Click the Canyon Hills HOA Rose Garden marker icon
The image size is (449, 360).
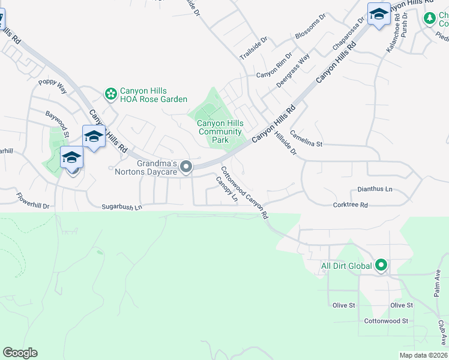[x=110, y=94]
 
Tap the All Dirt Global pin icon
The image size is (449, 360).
[x=381, y=265]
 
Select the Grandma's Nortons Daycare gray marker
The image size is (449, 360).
[x=187, y=167]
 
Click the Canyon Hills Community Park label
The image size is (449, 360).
[x=220, y=131]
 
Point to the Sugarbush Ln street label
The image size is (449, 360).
[x=122, y=207]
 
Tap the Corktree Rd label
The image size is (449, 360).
[x=351, y=205]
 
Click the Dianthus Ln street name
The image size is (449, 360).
[x=375, y=189]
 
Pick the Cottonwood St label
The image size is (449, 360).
[x=387, y=321]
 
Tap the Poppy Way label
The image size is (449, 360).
[x=52, y=86]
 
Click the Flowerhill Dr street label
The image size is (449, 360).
[x=33, y=200]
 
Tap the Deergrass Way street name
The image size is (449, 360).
[x=293, y=71]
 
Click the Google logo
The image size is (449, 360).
[x=20, y=353]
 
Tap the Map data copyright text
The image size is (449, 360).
[x=423, y=355]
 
